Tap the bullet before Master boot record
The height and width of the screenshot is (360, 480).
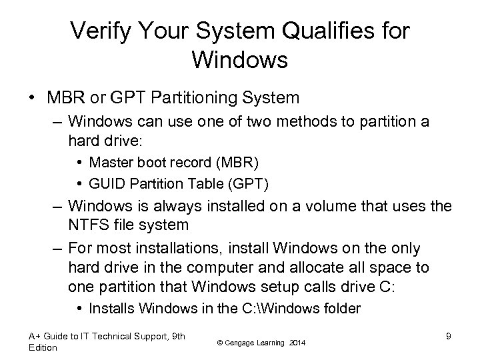click(81, 162)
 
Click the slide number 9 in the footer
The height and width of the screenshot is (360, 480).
click(449, 336)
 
